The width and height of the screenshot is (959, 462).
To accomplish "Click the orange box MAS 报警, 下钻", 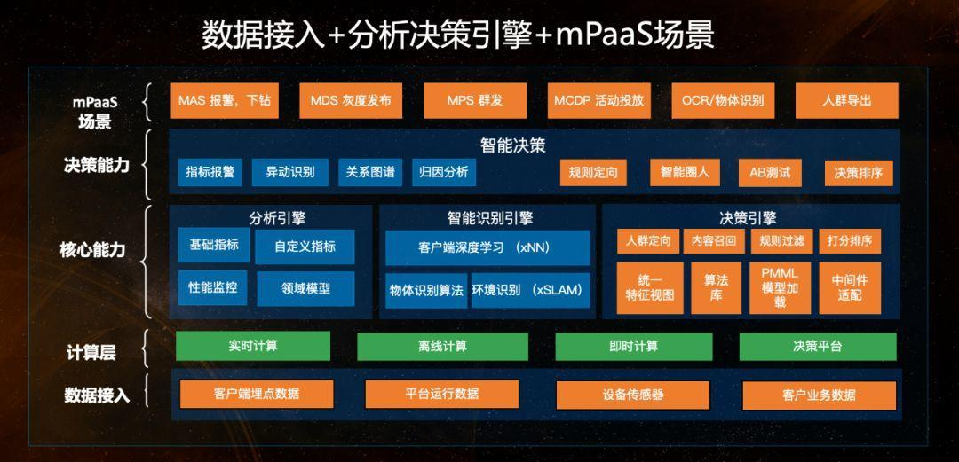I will (x=225, y=100).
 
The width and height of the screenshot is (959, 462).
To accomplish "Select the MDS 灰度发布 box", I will (x=351, y=100).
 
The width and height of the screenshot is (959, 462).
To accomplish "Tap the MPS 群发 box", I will (x=474, y=100).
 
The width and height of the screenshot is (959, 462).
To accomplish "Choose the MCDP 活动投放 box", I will (x=598, y=100).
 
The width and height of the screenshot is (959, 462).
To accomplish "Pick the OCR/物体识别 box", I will (x=723, y=100).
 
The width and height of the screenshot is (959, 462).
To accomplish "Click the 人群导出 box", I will (x=846, y=100).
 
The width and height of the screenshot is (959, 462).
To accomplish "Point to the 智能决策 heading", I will (x=512, y=145).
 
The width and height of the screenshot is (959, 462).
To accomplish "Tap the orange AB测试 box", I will (x=769, y=172).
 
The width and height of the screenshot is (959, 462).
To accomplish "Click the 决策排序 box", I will (x=858, y=173).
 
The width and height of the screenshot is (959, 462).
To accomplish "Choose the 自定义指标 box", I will (x=305, y=247).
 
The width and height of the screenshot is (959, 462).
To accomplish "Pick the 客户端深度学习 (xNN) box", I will (x=487, y=247).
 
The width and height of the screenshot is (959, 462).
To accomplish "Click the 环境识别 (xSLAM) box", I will (x=531, y=290).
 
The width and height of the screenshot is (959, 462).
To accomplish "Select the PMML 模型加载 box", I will (x=780, y=287).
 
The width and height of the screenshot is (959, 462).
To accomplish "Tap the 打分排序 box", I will (x=850, y=240).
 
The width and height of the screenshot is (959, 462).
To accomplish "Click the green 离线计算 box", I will (x=442, y=346).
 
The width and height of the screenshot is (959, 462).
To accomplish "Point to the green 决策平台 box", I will (x=817, y=346).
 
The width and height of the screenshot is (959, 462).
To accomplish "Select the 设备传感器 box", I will (x=632, y=395).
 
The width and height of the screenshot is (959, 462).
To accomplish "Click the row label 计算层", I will (x=91, y=352).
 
